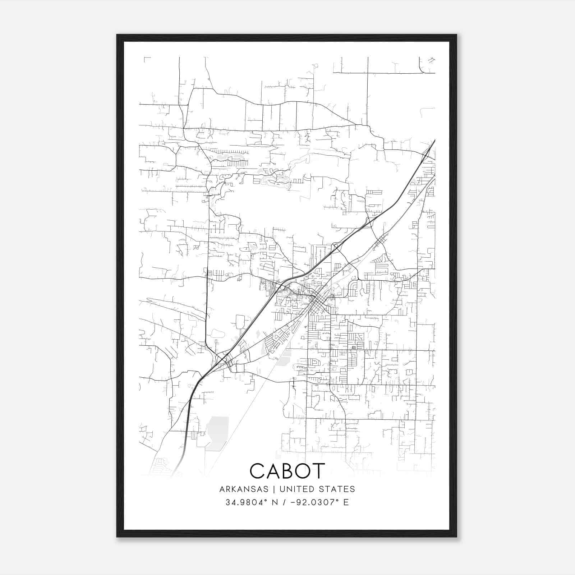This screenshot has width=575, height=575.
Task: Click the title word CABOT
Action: [x=287, y=471]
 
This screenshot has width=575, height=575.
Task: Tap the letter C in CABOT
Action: [x=258, y=471]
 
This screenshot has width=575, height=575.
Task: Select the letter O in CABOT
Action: [x=303, y=471]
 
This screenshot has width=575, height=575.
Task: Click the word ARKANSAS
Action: [x=244, y=489]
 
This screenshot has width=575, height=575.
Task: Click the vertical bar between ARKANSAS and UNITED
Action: [x=274, y=489]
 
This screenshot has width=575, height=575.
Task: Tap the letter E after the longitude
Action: [x=346, y=502]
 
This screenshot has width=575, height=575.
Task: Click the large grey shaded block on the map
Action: [x=217, y=433]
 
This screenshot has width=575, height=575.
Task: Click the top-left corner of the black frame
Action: [x=117, y=35]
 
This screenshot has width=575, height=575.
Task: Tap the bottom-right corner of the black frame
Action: [x=456, y=537]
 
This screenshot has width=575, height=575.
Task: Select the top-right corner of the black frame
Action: [x=456, y=35]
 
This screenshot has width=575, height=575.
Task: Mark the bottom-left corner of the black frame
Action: [x=117, y=537]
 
